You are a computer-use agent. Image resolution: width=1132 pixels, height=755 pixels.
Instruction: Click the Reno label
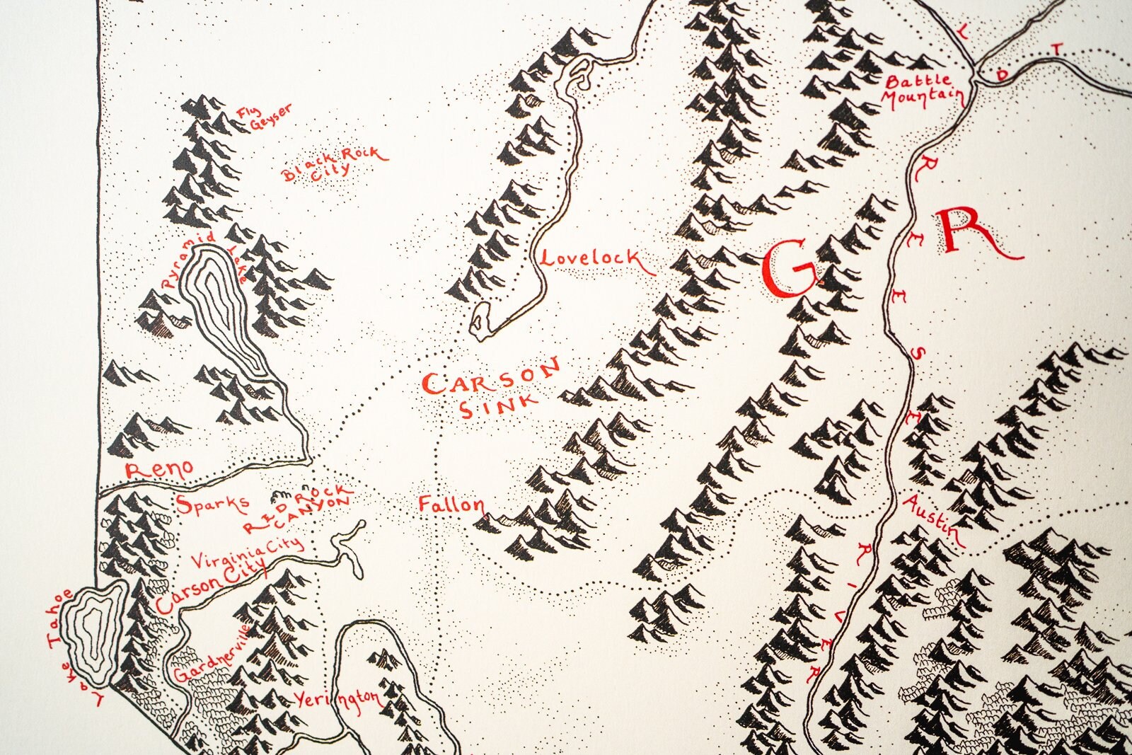pyautogui.click(x=159, y=469)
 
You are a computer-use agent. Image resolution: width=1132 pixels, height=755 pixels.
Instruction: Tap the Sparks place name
pyautogui.click(x=212, y=504)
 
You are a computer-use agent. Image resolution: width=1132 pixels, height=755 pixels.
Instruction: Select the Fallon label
pyautogui.click(x=451, y=505)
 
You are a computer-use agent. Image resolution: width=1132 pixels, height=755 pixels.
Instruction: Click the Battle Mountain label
pyautogui.click(x=923, y=89)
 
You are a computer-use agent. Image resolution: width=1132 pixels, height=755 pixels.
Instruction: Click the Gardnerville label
pyautogui.click(x=212, y=654)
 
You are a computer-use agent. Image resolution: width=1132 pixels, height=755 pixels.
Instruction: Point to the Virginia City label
pyautogui.click(x=247, y=553)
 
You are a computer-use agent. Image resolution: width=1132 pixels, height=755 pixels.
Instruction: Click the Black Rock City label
pyautogui.click(x=334, y=163)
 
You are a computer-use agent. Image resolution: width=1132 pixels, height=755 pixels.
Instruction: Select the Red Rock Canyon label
pyautogui.click(x=297, y=509)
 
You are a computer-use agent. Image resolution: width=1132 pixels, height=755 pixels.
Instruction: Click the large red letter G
pyautogui.click(x=790, y=268)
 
